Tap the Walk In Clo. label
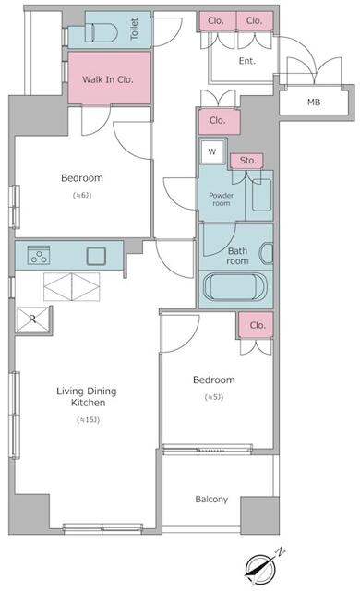pos(108,79)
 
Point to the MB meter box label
pos(314,102)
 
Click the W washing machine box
pos(212,152)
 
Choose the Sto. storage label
pos(246,161)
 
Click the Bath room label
pos(238,256)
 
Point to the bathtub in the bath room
pos(234,286)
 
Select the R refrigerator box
pos(33,320)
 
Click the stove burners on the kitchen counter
pos(38,256)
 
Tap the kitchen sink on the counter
pos(96,256)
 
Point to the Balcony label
pos(211,500)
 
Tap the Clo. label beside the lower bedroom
pos(258,325)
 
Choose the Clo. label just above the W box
pos(218,120)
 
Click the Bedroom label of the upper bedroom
pos(81,178)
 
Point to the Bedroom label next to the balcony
pos(213,380)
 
